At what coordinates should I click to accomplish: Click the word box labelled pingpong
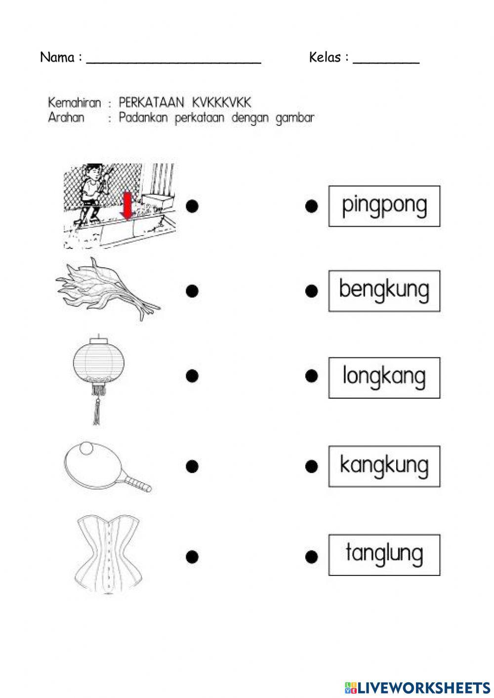(384, 206)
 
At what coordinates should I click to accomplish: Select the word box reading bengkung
(384, 290)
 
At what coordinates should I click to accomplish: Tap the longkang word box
(384, 377)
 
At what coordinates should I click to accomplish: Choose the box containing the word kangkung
(384, 466)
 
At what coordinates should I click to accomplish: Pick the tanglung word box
(384, 554)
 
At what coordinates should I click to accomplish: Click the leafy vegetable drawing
(109, 289)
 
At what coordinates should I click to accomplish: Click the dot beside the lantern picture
(192, 376)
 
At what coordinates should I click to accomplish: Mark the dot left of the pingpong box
(311, 206)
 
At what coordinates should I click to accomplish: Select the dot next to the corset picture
(192, 557)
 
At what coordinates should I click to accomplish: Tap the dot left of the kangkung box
(311, 466)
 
